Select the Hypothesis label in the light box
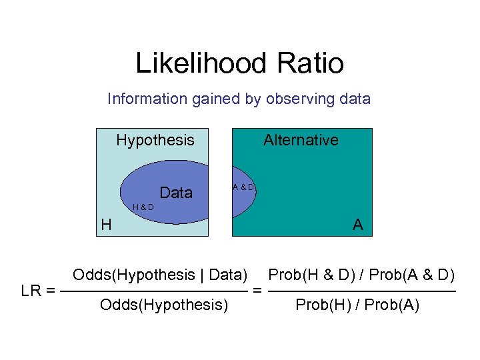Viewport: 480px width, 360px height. (x=155, y=140)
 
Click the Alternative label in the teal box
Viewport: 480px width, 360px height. (x=301, y=140)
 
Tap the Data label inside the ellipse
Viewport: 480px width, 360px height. (x=177, y=193)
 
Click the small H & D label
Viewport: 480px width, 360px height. (x=143, y=207)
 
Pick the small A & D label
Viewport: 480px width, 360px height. (x=243, y=187)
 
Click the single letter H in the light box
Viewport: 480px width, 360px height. (x=106, y=225)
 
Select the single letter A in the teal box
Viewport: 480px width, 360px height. (x=358, y=225)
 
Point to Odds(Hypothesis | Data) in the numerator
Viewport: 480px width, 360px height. (x=160, y=275)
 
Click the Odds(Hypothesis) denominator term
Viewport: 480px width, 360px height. (x=164, y=306)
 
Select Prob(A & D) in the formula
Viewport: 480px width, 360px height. (x=412, y=275)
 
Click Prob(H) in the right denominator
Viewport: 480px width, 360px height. (x=318, y=306)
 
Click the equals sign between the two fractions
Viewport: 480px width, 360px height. (x=257, y=291)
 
